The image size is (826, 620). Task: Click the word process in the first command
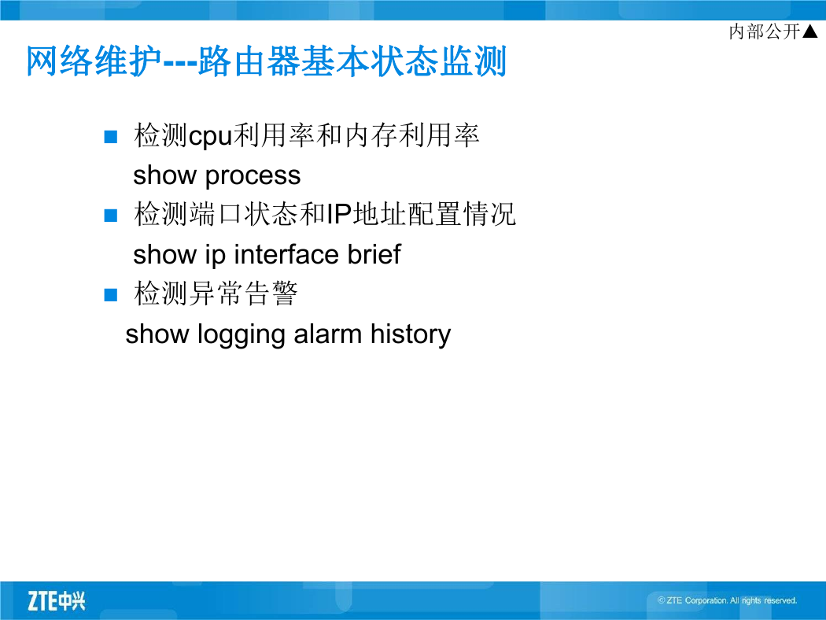[253, 176]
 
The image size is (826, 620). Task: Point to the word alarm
[328, 334]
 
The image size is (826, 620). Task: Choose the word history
[411, 335]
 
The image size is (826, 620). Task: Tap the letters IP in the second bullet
[339, 214]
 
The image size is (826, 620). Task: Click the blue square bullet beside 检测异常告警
[111, 294]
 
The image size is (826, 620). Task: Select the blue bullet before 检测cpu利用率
[111, 137]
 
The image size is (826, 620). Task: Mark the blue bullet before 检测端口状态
[111, 216]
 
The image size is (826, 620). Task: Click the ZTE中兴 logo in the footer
[57, 601]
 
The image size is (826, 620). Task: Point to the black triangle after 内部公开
[809, 31]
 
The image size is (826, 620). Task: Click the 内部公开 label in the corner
[765, 31]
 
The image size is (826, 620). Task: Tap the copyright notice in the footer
[727, 600]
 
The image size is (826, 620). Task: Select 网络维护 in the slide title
[94, 61]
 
